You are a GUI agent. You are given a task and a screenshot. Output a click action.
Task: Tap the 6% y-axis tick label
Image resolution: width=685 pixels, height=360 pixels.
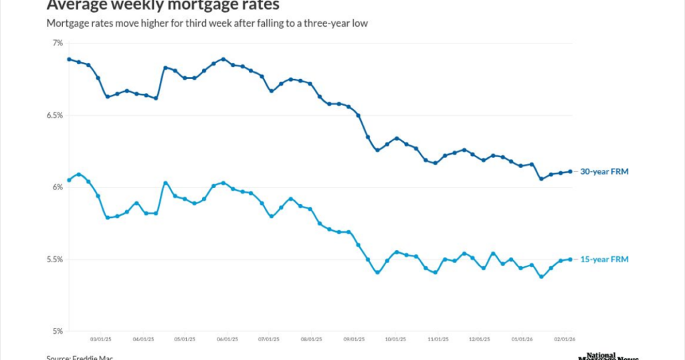[57, 187]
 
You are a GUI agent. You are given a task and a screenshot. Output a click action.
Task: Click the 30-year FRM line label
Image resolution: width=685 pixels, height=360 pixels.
[605, 171]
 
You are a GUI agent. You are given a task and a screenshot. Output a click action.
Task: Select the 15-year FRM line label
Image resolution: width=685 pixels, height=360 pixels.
[605, 259]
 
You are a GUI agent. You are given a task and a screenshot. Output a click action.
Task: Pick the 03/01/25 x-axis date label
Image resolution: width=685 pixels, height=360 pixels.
[100, 339]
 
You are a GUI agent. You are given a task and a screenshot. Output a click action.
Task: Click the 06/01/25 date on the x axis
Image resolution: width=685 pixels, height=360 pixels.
[226, 339]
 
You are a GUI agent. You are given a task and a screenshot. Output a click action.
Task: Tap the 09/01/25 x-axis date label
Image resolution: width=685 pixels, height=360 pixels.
[353, 339]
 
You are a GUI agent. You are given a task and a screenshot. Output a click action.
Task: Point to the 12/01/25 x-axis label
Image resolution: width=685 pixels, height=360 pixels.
[479, 339]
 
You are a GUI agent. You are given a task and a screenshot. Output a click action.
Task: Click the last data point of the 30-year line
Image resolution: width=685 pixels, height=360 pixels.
[570, 171]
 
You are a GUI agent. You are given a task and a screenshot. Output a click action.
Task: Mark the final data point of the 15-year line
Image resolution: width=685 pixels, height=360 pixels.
[570, 259]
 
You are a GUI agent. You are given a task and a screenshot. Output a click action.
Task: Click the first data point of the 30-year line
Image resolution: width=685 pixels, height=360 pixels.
[69, 59]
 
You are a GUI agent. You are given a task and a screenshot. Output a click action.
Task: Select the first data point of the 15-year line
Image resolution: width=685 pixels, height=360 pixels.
[69, 179]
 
